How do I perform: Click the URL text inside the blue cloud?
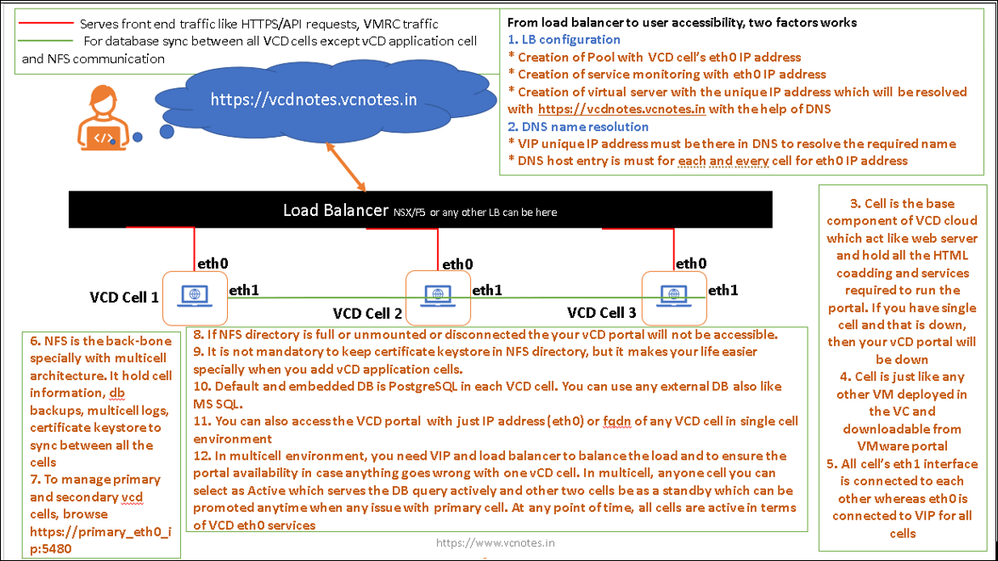314,99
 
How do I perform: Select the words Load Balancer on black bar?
335,210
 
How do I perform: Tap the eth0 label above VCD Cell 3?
690,263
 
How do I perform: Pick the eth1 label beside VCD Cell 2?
487,291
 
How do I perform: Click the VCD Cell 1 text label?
124,297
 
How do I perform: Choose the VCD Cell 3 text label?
601,313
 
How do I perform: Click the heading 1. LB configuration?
564,40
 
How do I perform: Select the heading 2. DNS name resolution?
578,127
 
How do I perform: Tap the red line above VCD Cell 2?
438,247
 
